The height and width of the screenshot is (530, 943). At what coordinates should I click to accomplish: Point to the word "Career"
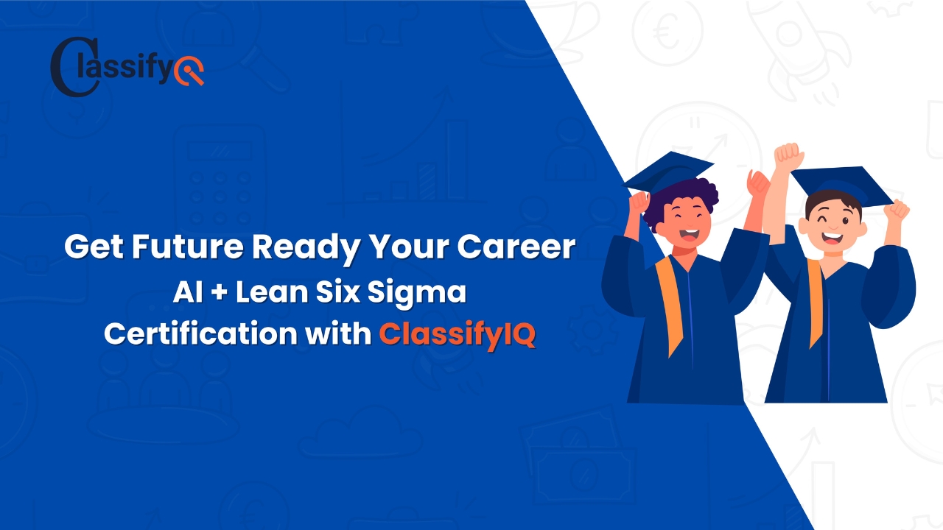click(516, 247)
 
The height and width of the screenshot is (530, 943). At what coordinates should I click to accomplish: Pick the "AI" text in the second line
click(184, 292)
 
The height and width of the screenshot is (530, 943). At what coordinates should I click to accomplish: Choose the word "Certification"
click(197, 333)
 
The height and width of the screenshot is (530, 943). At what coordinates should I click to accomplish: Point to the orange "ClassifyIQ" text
click(457, 334)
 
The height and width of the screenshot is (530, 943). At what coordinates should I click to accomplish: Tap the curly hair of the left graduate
click(689, 195)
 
